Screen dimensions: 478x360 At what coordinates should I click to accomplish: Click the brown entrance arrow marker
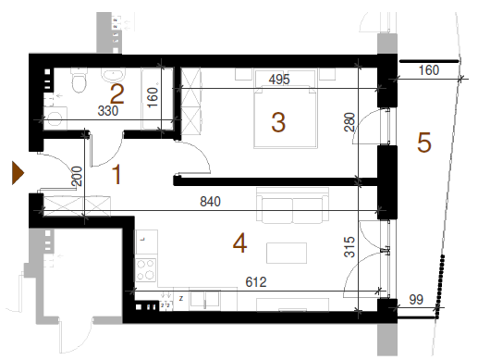coord(18,173)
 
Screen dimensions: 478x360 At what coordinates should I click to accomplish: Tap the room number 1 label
coord(116,174)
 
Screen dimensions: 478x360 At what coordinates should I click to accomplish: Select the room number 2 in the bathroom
coord(117,94)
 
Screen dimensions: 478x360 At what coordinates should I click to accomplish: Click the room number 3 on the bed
coord(278,122)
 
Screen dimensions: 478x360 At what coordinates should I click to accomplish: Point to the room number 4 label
coord(239,242)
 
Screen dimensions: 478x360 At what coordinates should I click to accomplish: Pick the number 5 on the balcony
coord(424,143)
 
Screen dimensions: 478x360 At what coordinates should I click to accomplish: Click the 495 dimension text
coord(279,80)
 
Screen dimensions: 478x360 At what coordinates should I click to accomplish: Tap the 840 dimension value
coord(210,202)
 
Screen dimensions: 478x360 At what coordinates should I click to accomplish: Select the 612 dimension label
coord(256,282)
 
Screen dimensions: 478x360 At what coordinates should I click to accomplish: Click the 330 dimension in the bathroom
coord(108,111)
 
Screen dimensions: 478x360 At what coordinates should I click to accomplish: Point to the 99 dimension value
coord(416,300)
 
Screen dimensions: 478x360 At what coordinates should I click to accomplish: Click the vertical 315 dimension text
coord(349,247)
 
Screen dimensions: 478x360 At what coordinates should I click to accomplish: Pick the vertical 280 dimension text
coord(349,122)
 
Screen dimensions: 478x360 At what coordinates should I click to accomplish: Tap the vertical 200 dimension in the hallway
coord(77,176)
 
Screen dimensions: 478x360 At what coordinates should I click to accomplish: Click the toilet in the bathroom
coord(80,81)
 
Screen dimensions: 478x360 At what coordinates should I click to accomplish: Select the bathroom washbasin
coord(114,75)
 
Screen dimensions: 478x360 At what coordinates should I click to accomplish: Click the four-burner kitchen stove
coord(146,270)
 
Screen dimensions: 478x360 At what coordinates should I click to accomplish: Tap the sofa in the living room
coord(292,205)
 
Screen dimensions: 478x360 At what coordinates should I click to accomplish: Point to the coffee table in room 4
coord(287,253)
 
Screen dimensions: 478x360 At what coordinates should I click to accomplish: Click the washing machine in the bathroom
coord(55,118)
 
